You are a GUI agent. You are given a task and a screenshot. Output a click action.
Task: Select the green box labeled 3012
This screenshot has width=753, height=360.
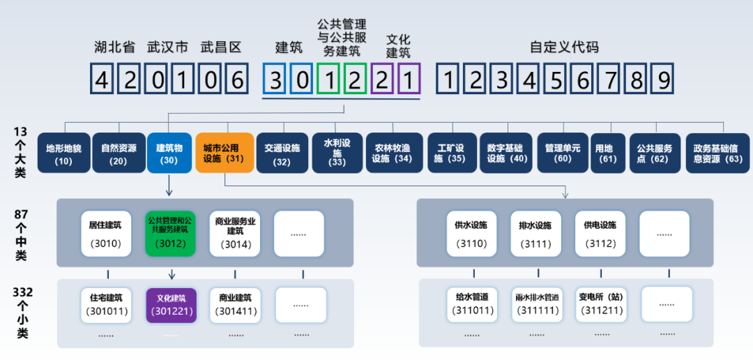point(171,234)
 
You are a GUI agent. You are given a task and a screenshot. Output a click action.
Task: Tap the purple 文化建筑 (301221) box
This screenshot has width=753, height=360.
point(171,304)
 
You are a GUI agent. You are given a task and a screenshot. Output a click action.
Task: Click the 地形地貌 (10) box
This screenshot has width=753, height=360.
point(64,153)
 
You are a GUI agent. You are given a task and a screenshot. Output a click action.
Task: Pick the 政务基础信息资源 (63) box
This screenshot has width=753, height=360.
point(717,153)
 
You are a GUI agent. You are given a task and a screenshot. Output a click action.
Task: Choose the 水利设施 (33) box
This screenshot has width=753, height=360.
point(337,153)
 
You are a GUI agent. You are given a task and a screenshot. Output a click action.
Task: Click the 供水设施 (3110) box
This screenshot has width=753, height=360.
point(471,234)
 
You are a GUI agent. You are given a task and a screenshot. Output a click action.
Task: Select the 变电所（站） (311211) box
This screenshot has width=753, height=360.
point(600,304)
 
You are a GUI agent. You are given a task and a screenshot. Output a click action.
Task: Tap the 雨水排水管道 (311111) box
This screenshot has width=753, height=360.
point(537,304)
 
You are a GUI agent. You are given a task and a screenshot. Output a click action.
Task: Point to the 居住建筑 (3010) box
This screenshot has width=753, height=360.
point(106,234)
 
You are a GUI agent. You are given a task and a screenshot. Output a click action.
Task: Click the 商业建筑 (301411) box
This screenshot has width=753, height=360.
point(235,304)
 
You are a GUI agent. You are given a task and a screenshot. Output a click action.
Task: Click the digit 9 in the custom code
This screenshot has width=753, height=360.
point(662,80)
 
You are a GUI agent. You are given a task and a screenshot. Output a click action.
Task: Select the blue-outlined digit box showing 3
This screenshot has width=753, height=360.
point(275,80)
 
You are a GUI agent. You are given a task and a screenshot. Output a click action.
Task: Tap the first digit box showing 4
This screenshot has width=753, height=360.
point(102,80)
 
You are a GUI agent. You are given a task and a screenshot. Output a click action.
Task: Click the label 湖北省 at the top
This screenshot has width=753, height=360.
point(114,47)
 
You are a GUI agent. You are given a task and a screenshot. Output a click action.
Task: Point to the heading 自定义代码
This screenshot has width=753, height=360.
point(564,47)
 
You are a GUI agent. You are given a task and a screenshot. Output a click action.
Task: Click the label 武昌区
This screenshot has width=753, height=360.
point(220,47)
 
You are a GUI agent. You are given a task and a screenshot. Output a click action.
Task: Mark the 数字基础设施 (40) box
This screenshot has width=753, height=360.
point(507,153)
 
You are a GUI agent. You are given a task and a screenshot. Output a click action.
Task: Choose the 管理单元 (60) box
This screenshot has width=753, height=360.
point(562,153)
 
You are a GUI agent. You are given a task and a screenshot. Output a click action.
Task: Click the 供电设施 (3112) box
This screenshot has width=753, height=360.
point(600,234)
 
